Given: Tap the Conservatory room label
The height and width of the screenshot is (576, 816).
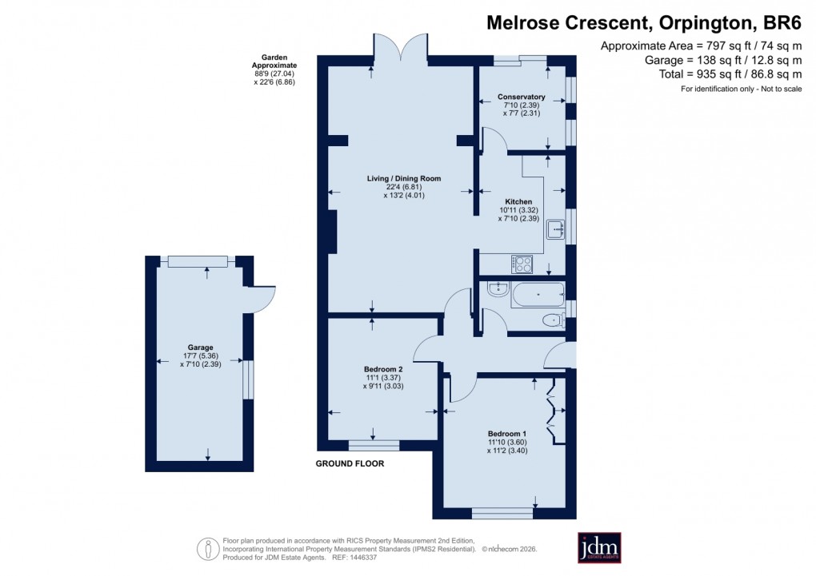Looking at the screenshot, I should pyautogui.click(x=521, y=97).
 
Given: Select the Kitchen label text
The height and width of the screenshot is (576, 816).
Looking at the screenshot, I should pyautogui.click(x=518, y=201).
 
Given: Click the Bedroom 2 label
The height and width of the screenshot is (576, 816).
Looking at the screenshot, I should pyautogui.click(x=382, y=369).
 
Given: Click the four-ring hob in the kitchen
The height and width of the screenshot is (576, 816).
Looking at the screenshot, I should pyautogui.click(x=522, y=263).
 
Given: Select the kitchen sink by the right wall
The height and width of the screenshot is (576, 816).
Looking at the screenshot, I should pyautogui.click(x=555, y=230).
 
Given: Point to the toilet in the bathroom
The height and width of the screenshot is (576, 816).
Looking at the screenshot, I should pyautogui.click(x=552, y=320).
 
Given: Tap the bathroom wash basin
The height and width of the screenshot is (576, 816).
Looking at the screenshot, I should pyautogui.click(x=498, y=288).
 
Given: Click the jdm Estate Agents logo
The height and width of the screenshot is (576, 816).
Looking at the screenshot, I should pyautogui.click(x=599, y=548).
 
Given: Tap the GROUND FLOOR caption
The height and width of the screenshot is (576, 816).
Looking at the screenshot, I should pyautogui.click(x=350, y=464).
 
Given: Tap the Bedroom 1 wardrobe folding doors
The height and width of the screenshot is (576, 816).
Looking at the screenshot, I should pyautogui.click(x=551, y=412).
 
